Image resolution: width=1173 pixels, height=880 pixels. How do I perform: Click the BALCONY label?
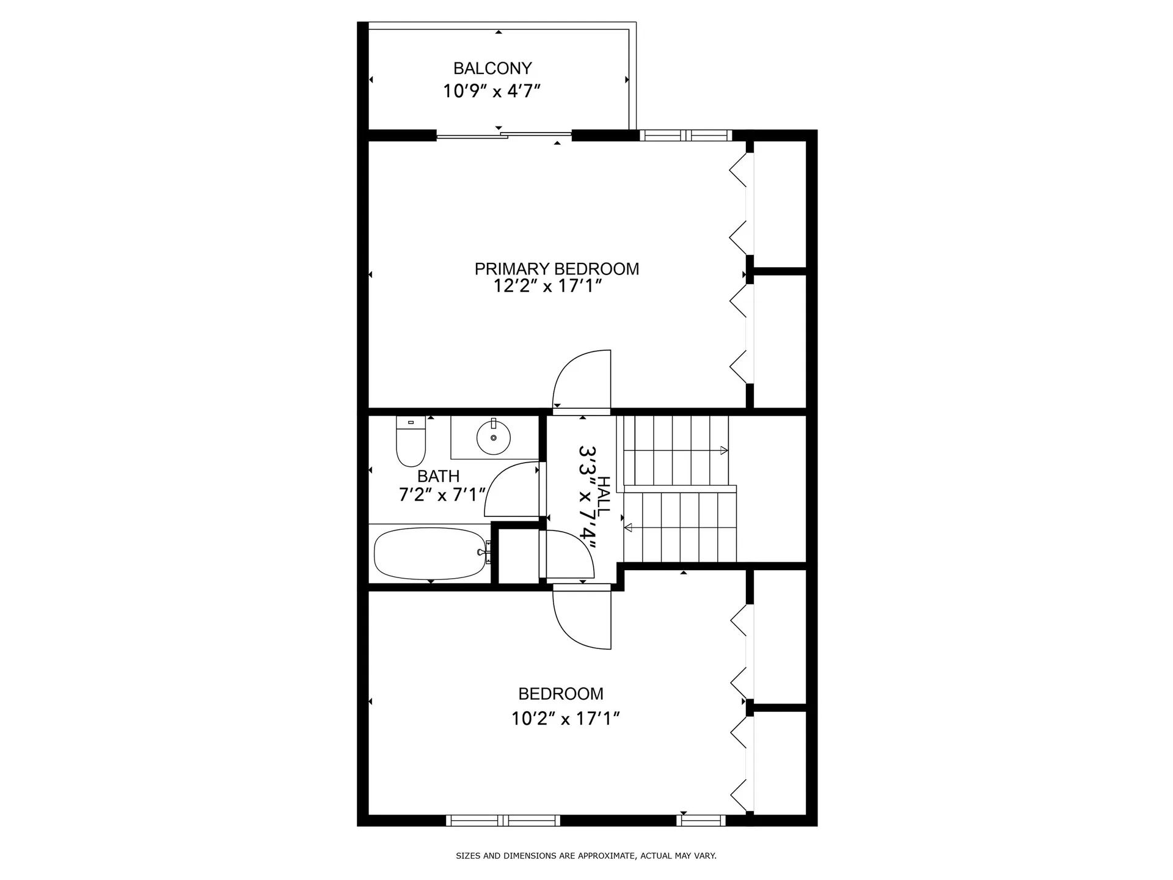click(x=492, y=68)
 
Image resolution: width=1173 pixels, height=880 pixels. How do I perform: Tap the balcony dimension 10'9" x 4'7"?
click(x=492, y=92)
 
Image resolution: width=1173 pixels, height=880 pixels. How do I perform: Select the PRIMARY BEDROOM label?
click(x=557, y=269)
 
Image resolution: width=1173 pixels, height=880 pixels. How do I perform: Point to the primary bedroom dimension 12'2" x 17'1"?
click(x=548, y=286)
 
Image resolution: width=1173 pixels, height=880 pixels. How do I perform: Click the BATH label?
click(x=438, y=476)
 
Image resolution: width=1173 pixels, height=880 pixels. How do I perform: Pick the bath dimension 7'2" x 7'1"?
click(x=442, y=494)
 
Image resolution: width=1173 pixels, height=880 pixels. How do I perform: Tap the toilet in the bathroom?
click(x=411, y=441)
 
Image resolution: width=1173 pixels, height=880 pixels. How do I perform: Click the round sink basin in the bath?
click(x=493, y=437)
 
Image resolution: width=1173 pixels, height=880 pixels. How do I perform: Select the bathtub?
click(x=431, y=554)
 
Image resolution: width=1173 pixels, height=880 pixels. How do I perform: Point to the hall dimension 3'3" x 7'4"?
click(x=587, y=496)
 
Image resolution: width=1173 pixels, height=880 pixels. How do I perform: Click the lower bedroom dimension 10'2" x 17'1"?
click(x=566, y=719)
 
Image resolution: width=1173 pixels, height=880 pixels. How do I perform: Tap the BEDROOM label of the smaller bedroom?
click(x=561, y=694)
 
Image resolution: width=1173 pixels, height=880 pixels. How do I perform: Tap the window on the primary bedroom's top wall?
click(x=685, y=136)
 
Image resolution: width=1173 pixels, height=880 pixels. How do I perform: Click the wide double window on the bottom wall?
click(x=503, y=820)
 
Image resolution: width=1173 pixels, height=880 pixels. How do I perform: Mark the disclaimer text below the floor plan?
click(x=586, y=856)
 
